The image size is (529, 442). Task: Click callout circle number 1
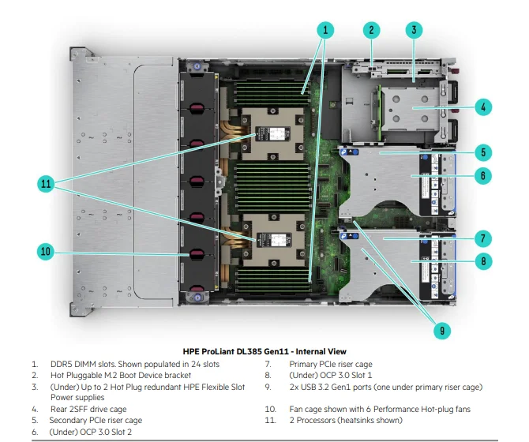[325, 30]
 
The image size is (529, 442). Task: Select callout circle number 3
[414, 30]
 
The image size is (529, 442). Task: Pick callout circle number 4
[483, 106]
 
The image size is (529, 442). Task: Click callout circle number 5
[483, 152]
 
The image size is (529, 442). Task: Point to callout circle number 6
[483, 176]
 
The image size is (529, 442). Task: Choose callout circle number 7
[483, 238]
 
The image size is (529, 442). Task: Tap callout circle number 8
[483, 260]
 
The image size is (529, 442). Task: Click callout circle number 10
[46, 252]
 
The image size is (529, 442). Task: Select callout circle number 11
[46, 184]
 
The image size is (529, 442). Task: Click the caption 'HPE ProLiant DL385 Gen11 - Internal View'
[264, 350]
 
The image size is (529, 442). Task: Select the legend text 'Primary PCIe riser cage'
[331, 365]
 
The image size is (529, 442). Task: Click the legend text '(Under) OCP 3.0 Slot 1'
[331, 376]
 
